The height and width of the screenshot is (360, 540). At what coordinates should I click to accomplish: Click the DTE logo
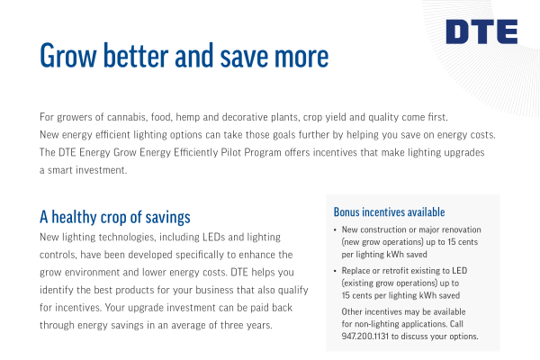[x=481, y=31]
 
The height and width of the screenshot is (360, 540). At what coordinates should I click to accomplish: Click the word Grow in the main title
[x=68, y=56]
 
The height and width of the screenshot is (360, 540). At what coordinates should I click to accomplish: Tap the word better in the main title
[x=136, y=55]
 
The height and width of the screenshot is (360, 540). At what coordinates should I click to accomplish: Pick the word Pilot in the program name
[x=230, y=152]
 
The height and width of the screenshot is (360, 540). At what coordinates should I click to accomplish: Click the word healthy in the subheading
[x=74, y=218]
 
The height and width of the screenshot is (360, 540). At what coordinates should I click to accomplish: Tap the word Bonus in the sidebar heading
[x=346, y=211]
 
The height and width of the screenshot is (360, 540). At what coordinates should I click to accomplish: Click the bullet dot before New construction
[x=335, y=230]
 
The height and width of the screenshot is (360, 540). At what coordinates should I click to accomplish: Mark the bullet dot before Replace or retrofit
[x=335, y=271]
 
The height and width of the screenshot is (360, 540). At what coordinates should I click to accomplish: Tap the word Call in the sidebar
[x=456, y=324]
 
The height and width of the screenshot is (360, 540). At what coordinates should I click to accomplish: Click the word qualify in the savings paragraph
[x=293, y=291]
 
